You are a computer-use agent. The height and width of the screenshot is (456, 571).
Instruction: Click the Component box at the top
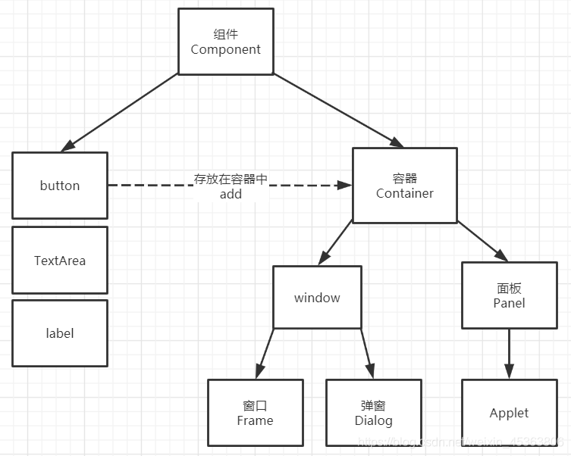[225, 42]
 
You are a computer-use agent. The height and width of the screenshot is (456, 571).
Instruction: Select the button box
[60, 186]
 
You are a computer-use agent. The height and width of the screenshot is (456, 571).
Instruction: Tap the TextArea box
[60, 261]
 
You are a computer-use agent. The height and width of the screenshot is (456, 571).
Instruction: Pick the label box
[60, 333]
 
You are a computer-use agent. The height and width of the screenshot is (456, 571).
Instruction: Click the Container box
[405, 186]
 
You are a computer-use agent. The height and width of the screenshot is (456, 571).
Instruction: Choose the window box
[317, 298]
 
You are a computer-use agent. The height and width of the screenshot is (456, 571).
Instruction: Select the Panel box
[509, 295]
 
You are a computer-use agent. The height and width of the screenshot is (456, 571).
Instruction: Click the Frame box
[255, 414]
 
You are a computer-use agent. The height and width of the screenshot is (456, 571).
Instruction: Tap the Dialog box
[373, 414]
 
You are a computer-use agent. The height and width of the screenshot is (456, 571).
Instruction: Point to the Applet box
[509, 413]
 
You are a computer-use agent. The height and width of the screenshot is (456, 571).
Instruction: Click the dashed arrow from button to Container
[152, 185]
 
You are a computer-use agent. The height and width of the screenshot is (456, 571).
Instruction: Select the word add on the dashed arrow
[231, 194]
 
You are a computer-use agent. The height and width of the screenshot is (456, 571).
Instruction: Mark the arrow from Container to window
[334, 243]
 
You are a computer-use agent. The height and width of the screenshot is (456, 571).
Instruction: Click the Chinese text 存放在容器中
[231, 180]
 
